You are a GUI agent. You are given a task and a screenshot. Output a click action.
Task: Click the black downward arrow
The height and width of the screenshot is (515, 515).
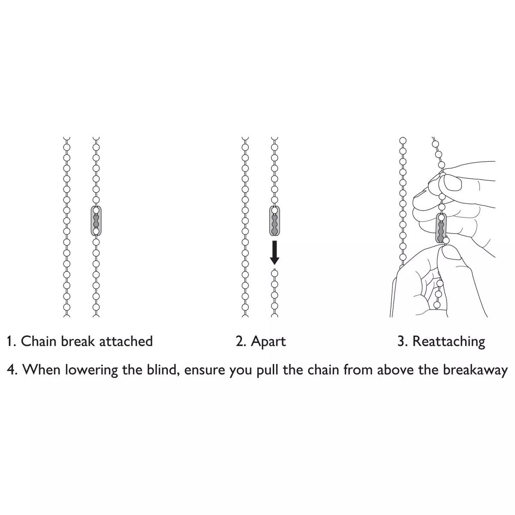[275, 252]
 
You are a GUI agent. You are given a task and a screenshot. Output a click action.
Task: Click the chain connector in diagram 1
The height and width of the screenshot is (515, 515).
[96, 221]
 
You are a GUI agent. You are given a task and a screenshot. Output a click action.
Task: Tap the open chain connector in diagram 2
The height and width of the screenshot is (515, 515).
[275, 221]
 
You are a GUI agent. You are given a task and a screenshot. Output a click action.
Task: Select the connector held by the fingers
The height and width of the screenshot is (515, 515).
[441, 228]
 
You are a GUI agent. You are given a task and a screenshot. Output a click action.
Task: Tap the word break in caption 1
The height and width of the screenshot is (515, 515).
[78, 341]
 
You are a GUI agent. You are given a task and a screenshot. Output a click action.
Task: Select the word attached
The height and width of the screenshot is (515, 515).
[126, 341]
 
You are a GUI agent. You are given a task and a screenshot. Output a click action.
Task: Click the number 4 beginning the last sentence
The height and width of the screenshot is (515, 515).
[11, 370]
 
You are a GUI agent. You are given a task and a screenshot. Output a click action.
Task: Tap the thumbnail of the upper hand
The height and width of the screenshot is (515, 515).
[452, 182]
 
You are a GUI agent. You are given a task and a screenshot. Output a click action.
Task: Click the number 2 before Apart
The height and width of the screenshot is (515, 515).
[239, 341]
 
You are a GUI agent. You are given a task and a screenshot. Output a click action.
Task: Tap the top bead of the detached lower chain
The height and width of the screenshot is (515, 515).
[275, 273]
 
